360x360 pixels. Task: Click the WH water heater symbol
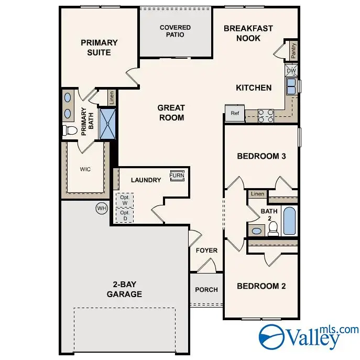tap(101, 209)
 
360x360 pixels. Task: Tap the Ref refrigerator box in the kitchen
tap(235, 113)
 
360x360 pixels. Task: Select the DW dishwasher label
tap(292, 71)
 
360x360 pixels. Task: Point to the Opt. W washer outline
tap(125, 200)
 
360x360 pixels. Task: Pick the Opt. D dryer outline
tap(125, 215)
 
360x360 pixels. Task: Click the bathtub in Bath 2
tap(289, 221)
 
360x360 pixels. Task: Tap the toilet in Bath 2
tap(272, 227)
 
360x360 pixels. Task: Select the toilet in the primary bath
tap(69, 130)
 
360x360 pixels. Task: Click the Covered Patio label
tap(175, 31)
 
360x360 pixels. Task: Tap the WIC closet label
tap(85, 170)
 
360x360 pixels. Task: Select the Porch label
tap(206, 290)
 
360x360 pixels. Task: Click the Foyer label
tap(206, 250)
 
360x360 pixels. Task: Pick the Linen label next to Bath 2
tap(257, 194)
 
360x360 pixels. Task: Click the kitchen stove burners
tap(266, 115)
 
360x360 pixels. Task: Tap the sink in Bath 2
tap(257, 231)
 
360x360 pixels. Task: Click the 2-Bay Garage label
tap(124, 289)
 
